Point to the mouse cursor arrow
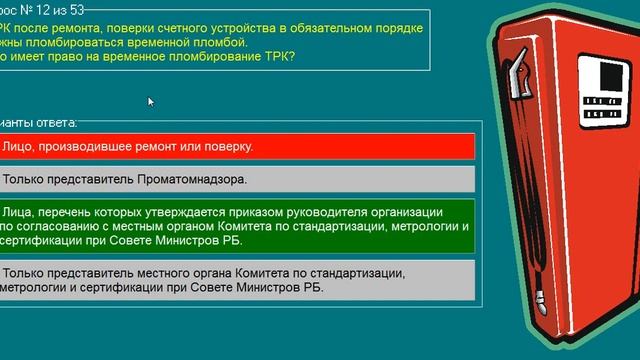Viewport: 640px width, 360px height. pos(151,101)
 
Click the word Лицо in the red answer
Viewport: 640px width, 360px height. pos(20,146)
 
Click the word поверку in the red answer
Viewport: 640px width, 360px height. pos(228,146)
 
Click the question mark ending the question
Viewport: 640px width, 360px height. pos(292,56)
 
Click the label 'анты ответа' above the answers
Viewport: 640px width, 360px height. pos(40,122)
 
